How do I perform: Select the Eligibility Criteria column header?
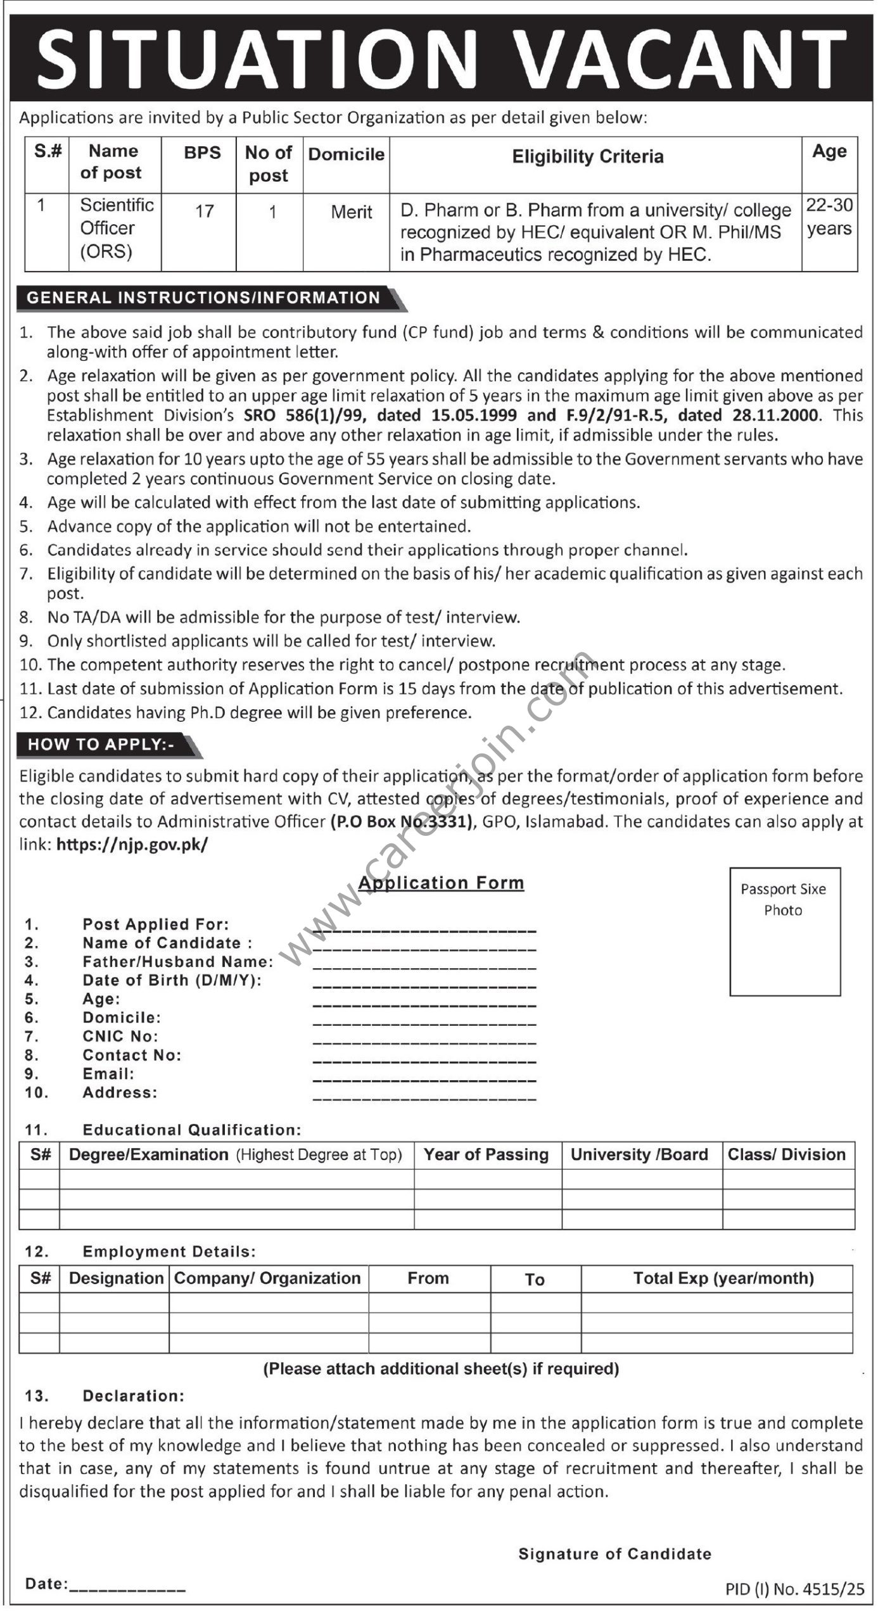(x=587, y=156)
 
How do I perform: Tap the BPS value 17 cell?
(x=204, y=211)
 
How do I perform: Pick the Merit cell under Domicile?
(x=352, y=212)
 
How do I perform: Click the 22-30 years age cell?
(x=829, y=217)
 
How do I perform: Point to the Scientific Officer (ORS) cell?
(x=117, y=229)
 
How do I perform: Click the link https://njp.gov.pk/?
(x=132, y=844)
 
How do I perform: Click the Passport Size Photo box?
(x=784, y=931)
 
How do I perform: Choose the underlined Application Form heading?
(x=442, y=883)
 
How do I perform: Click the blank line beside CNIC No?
(x=424, y=1042)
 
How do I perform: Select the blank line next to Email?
(x=424, y=1079)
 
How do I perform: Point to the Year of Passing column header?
(x=486, y=1154)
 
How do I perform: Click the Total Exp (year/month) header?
(x=723, y=1278)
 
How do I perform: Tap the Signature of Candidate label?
(x=614, y=1553)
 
